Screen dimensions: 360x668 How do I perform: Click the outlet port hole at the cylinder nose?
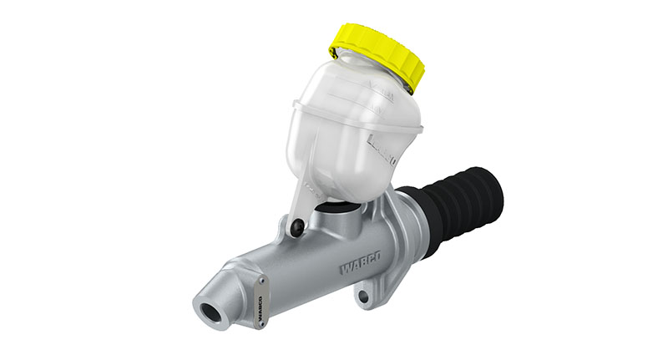pos(210,312)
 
